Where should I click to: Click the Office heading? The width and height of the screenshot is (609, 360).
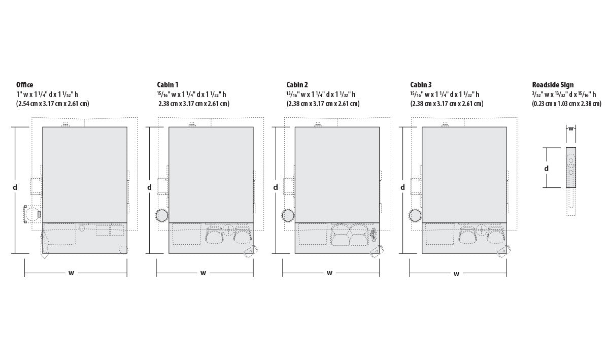24,85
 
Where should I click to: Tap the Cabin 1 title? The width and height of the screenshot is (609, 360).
167,85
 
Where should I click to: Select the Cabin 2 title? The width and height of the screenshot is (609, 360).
297,85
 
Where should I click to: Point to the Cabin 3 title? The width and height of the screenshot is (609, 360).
421,85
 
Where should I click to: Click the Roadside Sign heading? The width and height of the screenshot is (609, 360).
553,85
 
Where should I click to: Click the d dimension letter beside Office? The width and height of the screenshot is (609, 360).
15,187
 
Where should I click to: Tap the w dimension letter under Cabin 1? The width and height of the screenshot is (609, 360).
203,273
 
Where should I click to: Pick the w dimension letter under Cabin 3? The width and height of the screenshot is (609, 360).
456,274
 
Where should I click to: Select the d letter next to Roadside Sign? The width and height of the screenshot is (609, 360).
547,169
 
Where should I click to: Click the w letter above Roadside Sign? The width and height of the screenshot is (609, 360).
571,128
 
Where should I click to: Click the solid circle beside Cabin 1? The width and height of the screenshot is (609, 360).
162,215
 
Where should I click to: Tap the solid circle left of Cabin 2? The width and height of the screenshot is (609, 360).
288,215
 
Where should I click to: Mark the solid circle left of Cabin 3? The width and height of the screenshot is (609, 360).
415,215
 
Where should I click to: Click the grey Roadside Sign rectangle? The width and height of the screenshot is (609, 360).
571,168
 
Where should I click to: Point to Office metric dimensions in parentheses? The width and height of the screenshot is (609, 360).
53,104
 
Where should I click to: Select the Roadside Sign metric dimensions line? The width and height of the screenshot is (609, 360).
566,104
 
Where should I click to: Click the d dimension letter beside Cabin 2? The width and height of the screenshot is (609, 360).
276,187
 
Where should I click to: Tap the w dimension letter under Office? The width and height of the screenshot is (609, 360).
71,273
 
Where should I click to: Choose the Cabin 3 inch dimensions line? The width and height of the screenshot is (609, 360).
445,94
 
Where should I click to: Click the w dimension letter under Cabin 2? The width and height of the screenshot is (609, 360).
329,273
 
